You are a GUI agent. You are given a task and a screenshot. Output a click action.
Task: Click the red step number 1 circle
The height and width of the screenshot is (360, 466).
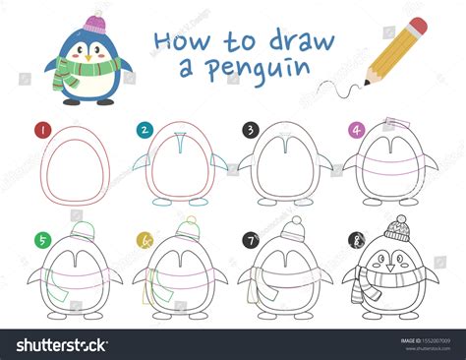(x=41, y=129)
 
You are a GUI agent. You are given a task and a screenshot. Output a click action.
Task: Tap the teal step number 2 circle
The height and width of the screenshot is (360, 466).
(x=145, y=129)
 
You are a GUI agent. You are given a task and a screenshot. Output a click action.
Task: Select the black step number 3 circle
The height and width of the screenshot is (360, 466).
(x=251, y=129)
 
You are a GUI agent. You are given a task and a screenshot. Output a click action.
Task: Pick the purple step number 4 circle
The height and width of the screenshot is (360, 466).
(x=356, y=129)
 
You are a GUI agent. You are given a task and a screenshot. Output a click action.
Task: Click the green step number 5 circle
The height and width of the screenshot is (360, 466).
(x=41, y=238)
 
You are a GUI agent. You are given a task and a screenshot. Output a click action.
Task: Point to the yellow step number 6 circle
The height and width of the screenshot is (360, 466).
(x=145, y=238)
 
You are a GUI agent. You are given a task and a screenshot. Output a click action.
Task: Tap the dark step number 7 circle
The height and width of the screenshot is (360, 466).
(x=251, y=238)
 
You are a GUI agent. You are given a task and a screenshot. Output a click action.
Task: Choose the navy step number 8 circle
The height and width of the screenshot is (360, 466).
(x=356, y=238)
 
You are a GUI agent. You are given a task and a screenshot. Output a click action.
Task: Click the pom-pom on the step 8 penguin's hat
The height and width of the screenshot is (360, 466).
(x=399, y=217)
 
